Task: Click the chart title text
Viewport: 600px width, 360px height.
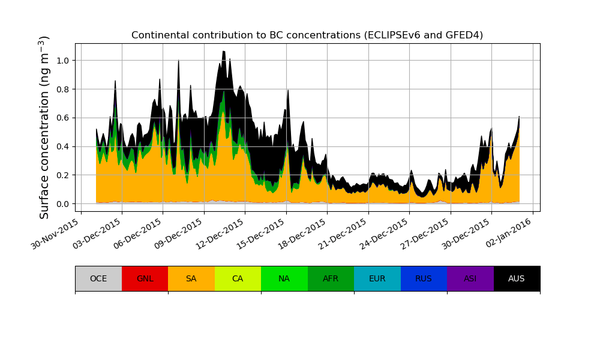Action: (x=307, y=35)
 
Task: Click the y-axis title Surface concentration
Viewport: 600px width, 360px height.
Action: (x=44, y=127)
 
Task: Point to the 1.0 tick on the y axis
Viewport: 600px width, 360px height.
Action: (x=62, y=61)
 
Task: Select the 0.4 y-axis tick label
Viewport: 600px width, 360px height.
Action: (x=62, y=146)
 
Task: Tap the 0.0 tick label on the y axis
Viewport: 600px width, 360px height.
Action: (x=62, y=204)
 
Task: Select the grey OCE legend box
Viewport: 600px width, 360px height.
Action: (x=98, y=278)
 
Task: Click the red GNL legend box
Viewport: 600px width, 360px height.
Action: (x=145, y=278)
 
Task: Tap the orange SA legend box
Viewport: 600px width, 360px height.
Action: (x=191, y=278)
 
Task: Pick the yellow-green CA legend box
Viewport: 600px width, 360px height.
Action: (x=238, y=278)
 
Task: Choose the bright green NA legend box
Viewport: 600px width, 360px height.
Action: (x=284, y=278)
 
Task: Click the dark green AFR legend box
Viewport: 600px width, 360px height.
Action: (x=331, y=278)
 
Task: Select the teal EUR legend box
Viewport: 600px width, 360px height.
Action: (x=377, y=278)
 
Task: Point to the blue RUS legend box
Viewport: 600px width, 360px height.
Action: (x=424, y=278)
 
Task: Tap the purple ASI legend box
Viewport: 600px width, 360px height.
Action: (x=470, y=278)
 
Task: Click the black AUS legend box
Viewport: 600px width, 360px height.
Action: (x=517, y=278)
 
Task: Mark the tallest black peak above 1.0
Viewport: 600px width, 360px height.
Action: (x=224, y=53)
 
